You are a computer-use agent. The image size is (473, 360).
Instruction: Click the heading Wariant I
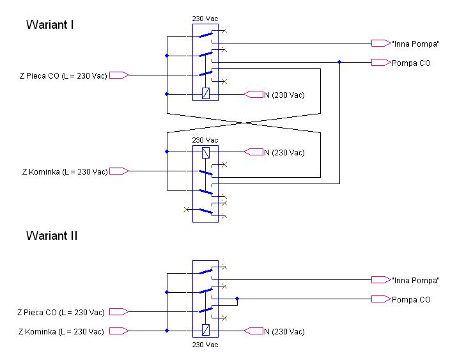point(50,24)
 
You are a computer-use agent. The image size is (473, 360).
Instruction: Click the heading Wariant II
point(52,235)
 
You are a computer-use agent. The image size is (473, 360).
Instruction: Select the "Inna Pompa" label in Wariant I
point(415,43)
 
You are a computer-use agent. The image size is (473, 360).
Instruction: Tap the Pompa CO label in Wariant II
point(411,300)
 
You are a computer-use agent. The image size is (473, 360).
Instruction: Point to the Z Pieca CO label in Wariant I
point(63,75)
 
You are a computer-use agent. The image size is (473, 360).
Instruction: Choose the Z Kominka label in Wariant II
point(61,332)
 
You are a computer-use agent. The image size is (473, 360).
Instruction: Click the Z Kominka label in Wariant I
point(65,172)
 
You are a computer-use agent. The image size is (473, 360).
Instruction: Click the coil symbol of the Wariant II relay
point(205,330)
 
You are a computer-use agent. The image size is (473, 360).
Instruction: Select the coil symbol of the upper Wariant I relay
point(205,93)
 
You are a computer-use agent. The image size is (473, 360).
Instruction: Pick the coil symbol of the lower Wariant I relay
point(205,153)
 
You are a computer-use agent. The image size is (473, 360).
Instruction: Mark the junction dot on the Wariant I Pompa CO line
point(339,62)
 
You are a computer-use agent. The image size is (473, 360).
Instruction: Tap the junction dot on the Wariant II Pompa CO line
point(237,299)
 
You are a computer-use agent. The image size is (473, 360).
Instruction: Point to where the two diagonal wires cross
point(244,123)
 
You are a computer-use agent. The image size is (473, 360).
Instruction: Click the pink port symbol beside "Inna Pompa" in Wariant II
point(381,279)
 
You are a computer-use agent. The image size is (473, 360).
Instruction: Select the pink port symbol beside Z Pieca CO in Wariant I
point(119,75)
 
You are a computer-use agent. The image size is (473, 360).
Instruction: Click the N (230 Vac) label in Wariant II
point(284,332)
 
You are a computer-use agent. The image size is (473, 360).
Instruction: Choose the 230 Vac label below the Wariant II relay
point(205,345)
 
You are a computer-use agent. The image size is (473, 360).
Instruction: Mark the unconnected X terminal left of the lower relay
point(186,210)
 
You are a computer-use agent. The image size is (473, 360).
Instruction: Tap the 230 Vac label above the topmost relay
point(205,19)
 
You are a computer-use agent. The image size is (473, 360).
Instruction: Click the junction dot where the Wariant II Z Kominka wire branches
point(167,331)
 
